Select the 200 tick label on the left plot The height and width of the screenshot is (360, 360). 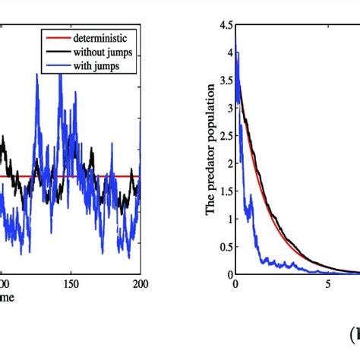coord(141,284)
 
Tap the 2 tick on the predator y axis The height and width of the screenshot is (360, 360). coord(229,163)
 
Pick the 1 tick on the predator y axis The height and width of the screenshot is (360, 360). coord(229,218)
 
